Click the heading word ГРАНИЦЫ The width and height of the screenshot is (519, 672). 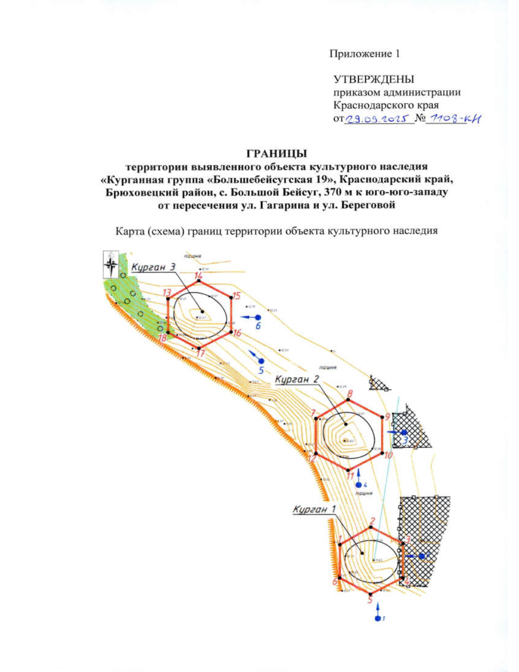[276, 154]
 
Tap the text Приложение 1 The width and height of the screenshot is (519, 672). [365, 54]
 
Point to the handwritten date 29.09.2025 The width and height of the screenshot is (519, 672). [378, 119]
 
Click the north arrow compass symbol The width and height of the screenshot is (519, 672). [111, 264]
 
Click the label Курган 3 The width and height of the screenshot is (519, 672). [154, 267]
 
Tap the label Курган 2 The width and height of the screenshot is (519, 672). [297, 379]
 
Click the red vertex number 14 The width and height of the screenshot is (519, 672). [198, 276]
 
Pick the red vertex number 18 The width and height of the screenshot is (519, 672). [163, 338]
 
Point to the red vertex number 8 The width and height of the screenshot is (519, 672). [350, 394]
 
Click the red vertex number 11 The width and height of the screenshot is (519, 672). [351, 476]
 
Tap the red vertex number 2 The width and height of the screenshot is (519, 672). [372, 521]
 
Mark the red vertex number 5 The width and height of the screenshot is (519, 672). [370, 600]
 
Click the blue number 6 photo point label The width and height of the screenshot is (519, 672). [258, 326]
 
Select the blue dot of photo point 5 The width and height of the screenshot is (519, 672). [261, 361]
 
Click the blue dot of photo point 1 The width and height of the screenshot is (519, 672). [378, 618]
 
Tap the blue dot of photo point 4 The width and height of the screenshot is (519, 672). [358, 485]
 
